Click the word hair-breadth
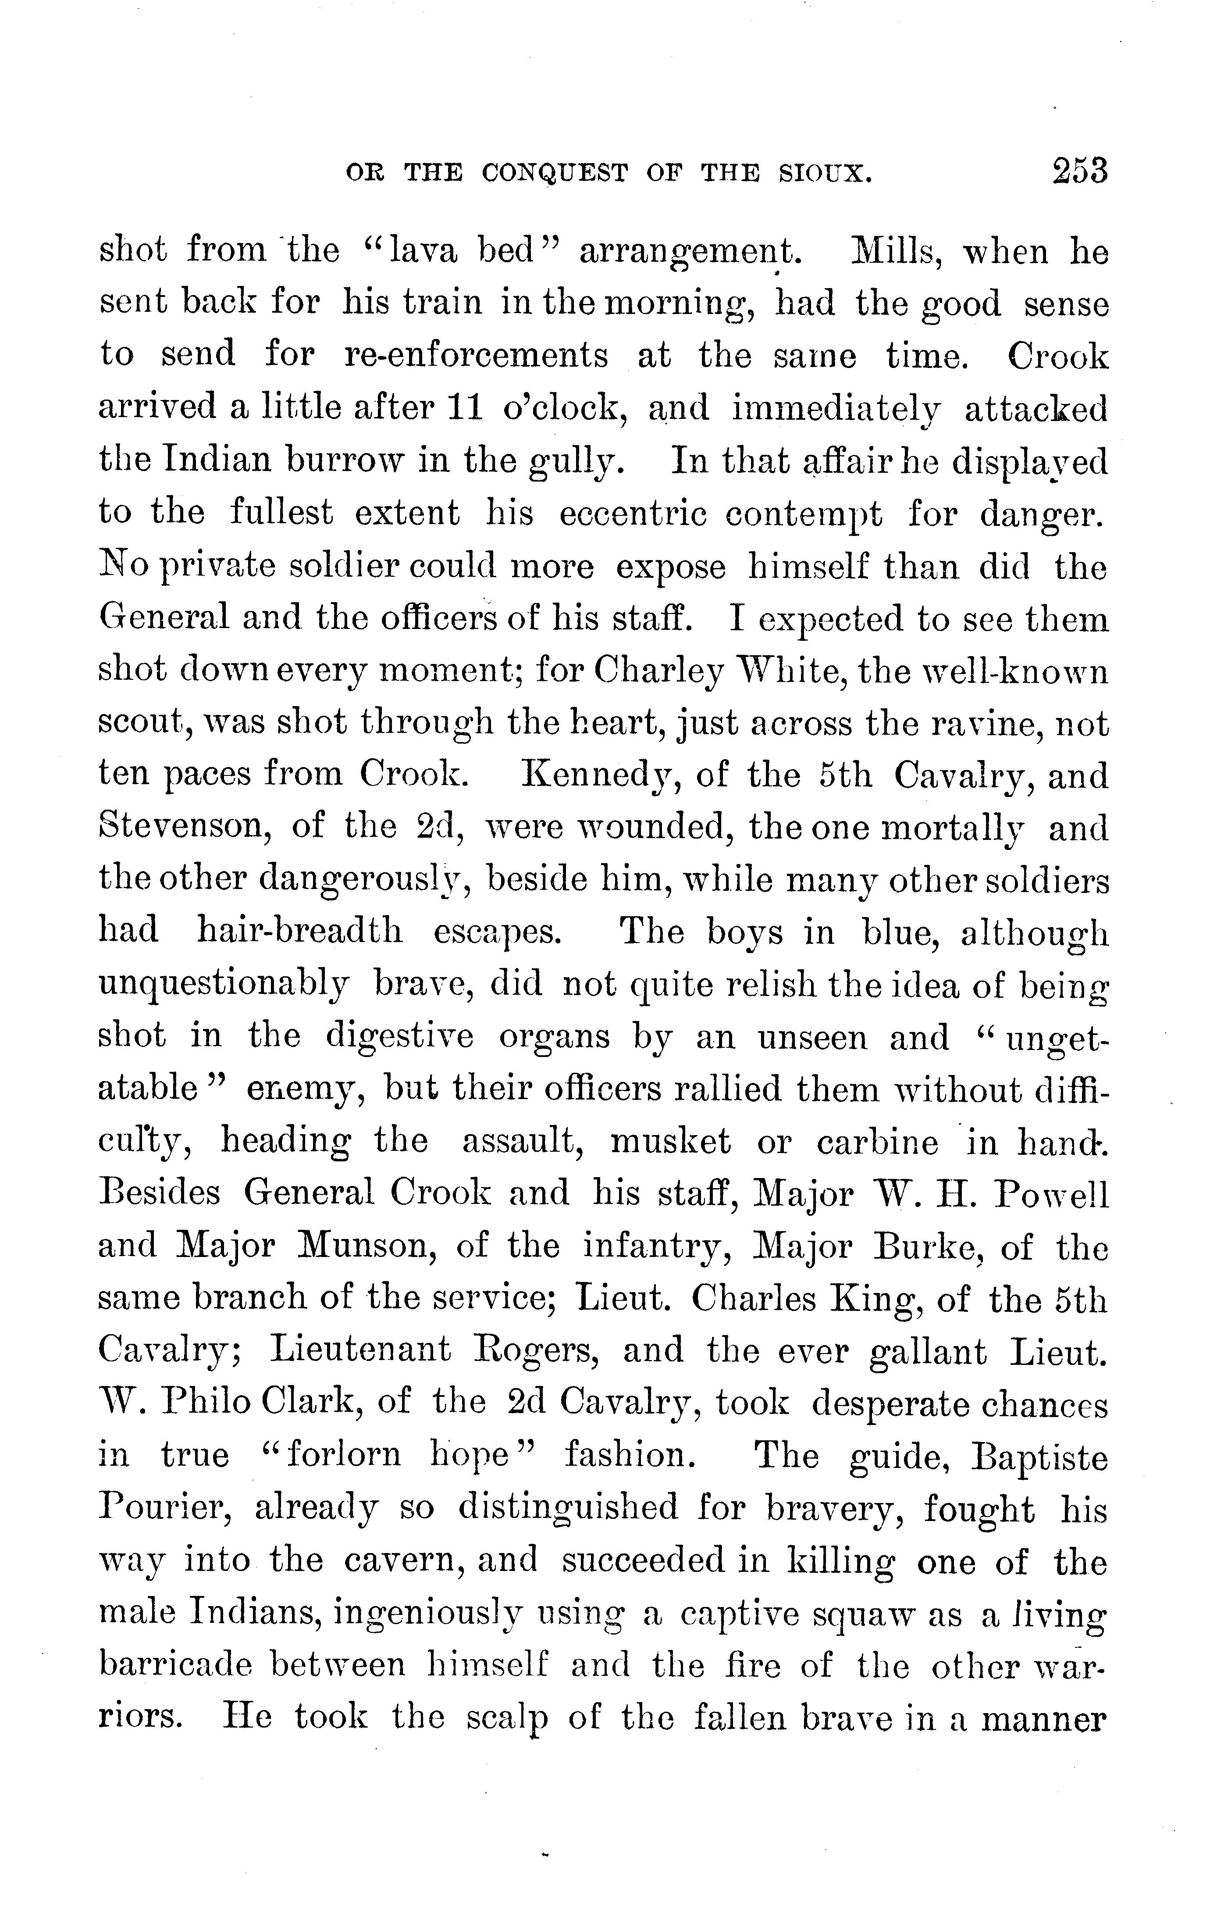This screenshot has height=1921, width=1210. [300, 932]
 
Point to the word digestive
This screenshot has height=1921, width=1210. [400, 1037]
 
